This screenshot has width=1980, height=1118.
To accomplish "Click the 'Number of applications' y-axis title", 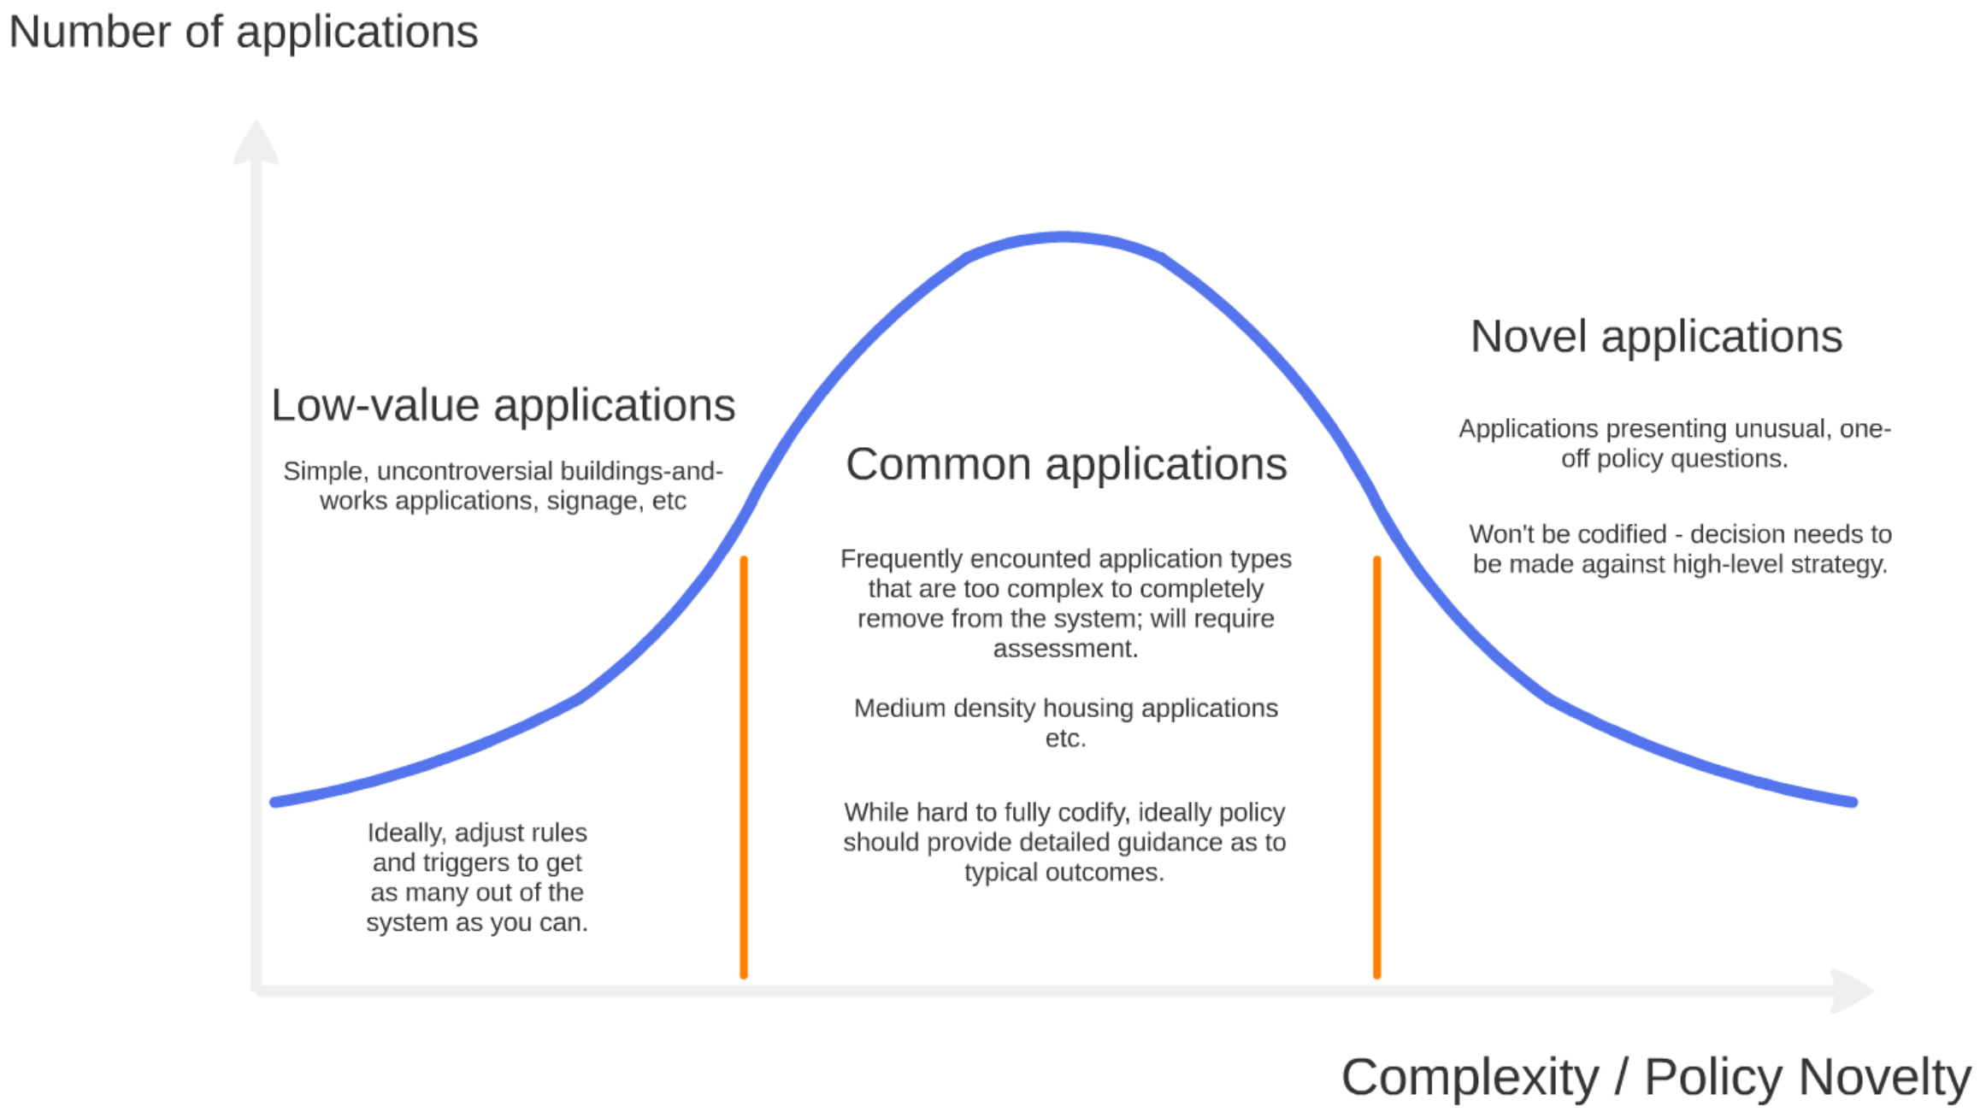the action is [x=243, y=32].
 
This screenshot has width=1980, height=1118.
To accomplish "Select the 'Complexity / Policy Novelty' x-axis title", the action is [x=1656, y=1077].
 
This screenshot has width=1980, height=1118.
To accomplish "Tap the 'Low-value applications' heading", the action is [x=503, y=405].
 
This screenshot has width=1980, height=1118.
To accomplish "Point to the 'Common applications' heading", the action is [x=1066, y=465].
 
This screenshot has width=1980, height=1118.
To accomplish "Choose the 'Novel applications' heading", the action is [x=1656, y=337].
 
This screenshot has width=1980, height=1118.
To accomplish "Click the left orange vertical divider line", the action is [x=744, y=768].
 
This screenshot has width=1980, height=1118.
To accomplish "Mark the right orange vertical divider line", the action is [x=1376, y=768].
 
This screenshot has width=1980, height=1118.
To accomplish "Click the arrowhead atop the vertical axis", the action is [x=256, y=141].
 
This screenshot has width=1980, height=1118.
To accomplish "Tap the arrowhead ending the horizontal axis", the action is [x=1853, y=991].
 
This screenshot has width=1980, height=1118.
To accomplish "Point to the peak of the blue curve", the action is [x=1064, y=237].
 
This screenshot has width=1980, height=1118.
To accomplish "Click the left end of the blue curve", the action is [x=274, y=803].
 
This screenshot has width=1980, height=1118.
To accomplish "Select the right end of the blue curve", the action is [x=1853, y=803].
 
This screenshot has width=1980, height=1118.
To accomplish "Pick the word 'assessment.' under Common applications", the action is [x=1065, y=649].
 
